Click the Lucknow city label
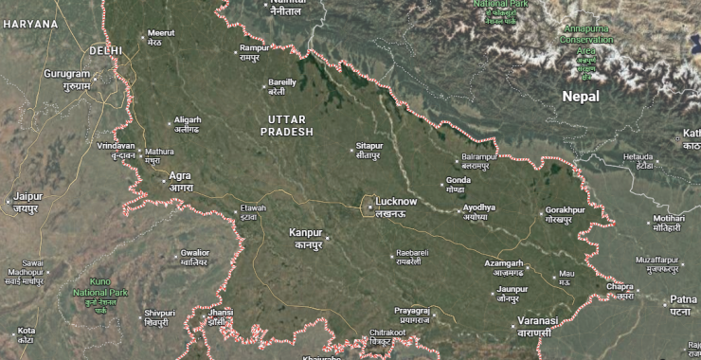(x=396, y=202)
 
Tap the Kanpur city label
(x=306, y=232)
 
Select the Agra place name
(x=180, y=175)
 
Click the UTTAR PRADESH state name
(x=289, y=125)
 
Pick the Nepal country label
(x=580, y=96)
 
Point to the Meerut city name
(x=162, y=33)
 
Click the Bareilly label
(x=282, y=82)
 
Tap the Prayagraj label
(x=413, y=311)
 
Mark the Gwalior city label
(x=194, y=253)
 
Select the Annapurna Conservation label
(x=586, y=35)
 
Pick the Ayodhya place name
(x=478, y=207)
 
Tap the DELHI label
(x=106, y=49)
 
